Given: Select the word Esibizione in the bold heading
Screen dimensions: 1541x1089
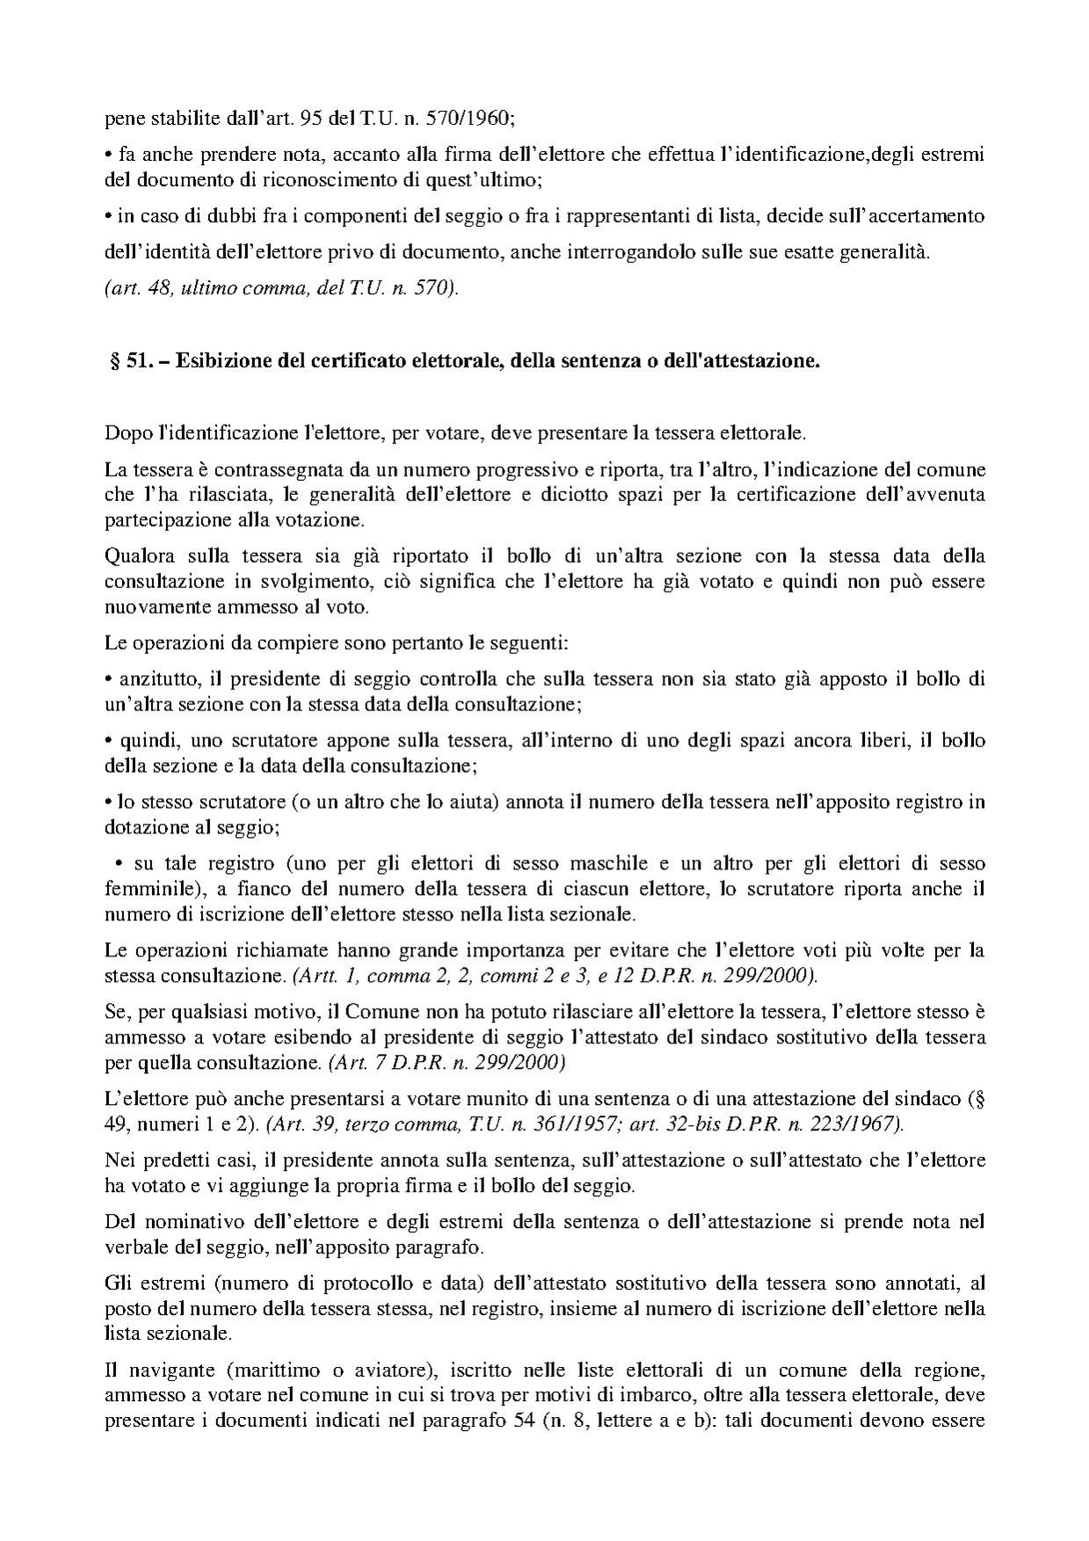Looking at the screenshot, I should tap(218, 362).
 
